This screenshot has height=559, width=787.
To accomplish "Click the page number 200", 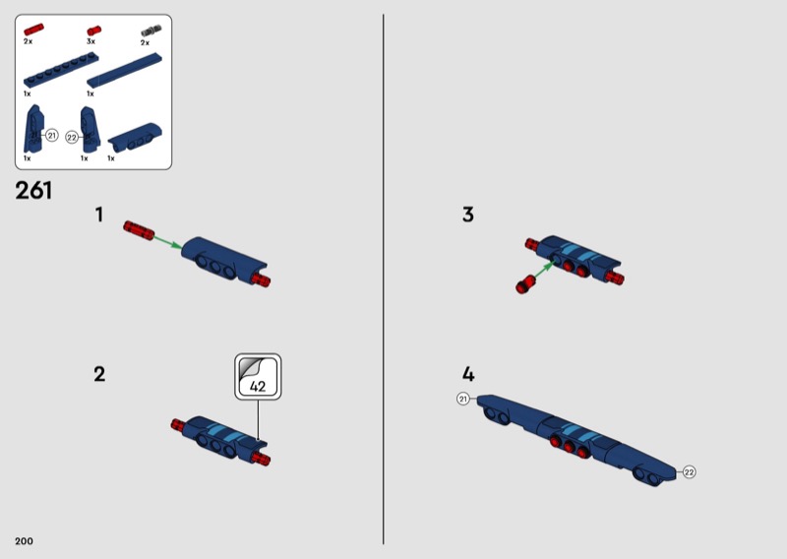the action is tap(24, 541).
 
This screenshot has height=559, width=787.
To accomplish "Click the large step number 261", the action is tap(33, 190).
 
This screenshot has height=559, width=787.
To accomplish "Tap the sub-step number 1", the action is tap(99, 215).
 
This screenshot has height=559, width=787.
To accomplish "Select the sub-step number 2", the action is tap(99, 374).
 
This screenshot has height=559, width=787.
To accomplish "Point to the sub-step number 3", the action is tap(468, 215).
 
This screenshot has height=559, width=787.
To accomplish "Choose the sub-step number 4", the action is tap(468, 374).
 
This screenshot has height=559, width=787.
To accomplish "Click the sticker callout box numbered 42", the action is tap(258, 377).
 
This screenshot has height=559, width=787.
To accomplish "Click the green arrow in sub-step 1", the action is tap(167, 241).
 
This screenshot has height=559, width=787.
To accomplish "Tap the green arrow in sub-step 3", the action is tap(545, 270).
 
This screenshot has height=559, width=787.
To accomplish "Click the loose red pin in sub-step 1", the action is tap(139, 230).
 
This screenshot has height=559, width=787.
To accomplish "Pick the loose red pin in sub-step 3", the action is tap(525, 284).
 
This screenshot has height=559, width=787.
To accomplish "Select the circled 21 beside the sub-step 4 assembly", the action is tap(462, 400).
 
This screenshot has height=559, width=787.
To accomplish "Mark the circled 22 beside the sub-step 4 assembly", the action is tap(690, 472).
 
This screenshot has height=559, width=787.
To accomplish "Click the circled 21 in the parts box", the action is tap(52, 136).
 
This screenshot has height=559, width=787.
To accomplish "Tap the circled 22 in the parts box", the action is tap(72, 137).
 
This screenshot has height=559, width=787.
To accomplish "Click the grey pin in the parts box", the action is tap(151, 31).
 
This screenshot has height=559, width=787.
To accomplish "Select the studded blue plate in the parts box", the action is tap(61, 71).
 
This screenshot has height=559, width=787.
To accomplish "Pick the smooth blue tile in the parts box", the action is tap(125, 70).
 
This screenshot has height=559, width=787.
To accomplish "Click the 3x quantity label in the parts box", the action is tap(91, 41).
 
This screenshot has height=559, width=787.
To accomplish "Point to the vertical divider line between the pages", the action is tap(384, 279).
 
